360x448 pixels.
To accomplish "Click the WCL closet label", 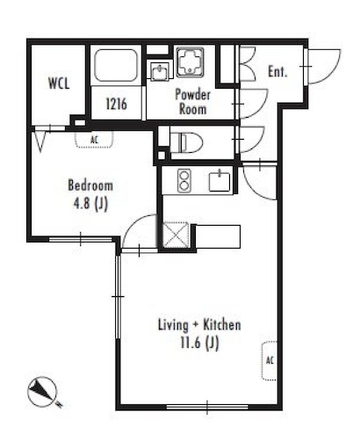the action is click(59, 83).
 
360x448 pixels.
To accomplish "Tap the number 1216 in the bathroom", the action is click(116, 104).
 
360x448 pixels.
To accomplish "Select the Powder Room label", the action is click(192, 102).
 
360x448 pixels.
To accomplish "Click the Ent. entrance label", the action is click(277, 71).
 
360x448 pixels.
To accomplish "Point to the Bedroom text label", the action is click(90, 185).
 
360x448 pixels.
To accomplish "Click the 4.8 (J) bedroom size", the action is click(90, 204).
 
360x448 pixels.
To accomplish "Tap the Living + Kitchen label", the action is click(199, 325).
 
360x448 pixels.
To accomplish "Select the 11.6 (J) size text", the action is click(199, 343).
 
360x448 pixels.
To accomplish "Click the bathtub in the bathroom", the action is click(116, 66).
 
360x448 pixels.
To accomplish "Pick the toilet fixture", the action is click(186, 142).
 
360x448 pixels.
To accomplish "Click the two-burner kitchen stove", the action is click(184, 181).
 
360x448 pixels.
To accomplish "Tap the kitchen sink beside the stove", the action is click(220, 181).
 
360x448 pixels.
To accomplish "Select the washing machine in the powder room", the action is click(191, 62).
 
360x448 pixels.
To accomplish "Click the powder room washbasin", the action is click(160, 71).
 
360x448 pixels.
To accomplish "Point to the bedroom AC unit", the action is click(94, 140).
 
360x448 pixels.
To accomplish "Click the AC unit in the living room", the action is click(270, 360).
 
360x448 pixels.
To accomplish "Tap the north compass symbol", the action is click(43, 393).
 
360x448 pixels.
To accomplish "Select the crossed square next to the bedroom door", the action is click(176, 235).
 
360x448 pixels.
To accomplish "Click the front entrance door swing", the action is click(323, 67).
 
